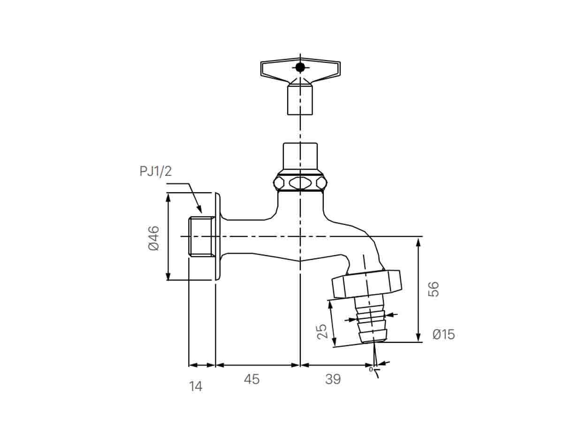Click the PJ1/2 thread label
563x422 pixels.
[x=156, y=171]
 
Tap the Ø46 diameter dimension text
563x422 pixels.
[x=154, y=238]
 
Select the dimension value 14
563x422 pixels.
[x=196, y=386]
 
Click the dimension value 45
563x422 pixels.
[x=251, y=379]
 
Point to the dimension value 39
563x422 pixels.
[x=333, y=379]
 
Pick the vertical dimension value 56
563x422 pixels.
[x=434, y=289]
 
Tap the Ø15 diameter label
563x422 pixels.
[x=443, y=334]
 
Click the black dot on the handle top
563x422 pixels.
[x=300, y=67]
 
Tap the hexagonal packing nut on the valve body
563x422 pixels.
[x=300, y=182]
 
